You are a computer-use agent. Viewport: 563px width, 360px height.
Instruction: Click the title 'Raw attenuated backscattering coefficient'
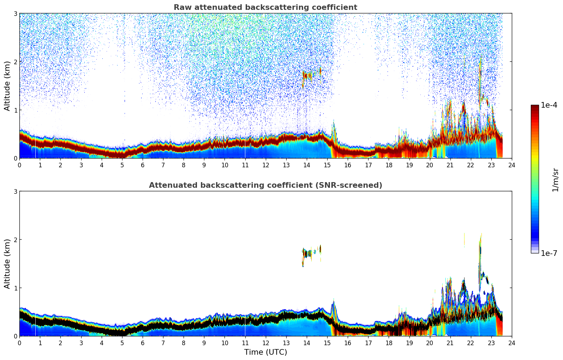265,7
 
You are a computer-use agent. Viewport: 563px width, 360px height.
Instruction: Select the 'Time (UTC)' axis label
265,352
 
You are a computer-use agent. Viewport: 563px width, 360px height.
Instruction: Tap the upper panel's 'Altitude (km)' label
7,86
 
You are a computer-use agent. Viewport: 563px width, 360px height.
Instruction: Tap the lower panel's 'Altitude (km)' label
7,264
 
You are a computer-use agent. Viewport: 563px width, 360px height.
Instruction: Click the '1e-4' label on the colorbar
549,105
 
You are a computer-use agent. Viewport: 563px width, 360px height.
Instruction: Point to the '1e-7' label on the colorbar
549,253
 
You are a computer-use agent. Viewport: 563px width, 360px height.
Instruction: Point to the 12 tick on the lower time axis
265,343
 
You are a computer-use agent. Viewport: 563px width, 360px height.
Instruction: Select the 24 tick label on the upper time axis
511,165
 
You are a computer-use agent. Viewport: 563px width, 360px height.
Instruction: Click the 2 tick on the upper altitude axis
16,62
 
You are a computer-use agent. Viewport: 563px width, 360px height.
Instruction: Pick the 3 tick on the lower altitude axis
16,191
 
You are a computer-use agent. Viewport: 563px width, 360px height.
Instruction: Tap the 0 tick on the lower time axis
19,343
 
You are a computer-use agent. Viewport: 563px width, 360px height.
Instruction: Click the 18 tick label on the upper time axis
389,165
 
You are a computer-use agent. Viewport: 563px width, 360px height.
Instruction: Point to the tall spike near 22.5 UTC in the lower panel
480,254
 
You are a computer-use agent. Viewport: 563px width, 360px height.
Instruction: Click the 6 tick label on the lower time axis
143,343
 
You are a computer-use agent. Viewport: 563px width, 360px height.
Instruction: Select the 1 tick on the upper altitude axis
16,110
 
